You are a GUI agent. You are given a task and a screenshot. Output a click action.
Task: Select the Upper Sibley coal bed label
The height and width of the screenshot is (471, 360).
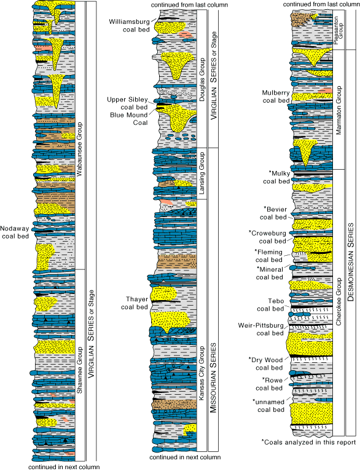point(128,103)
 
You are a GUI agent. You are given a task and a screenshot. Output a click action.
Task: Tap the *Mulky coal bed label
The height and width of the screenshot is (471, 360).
point(275,177)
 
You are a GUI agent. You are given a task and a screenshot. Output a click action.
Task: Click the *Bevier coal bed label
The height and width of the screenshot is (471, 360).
point(275,212)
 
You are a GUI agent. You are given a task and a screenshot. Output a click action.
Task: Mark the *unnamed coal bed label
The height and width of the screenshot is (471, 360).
point(269,405)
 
